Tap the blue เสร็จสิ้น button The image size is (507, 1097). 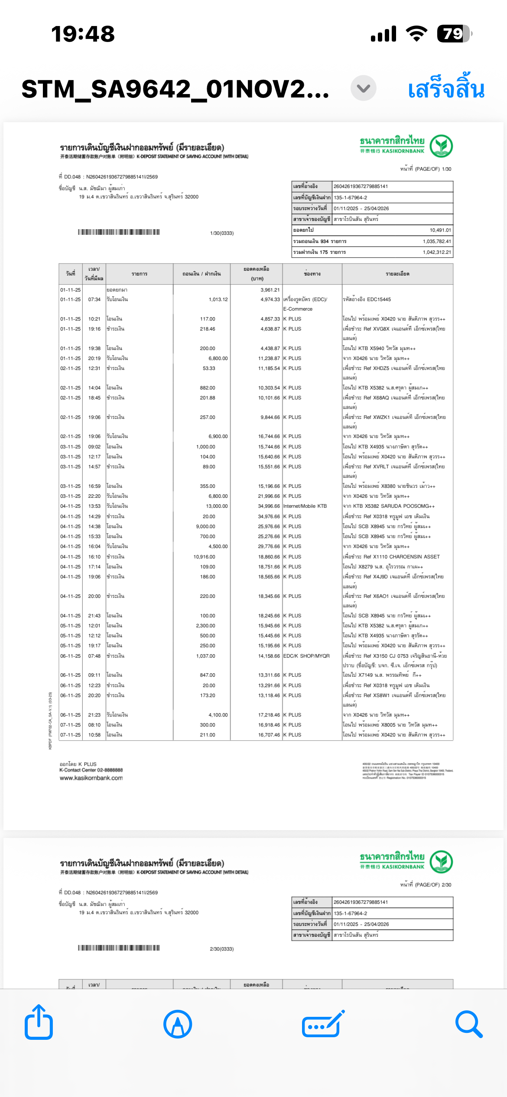click(446, 89)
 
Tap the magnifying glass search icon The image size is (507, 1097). click(469, 1024)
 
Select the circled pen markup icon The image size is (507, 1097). click(178, 1024)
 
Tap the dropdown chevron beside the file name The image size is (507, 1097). click(363, 88)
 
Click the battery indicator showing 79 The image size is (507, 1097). click(454, 33)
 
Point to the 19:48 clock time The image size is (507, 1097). click(83, 34)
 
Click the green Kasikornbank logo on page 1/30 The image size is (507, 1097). click(441, 146)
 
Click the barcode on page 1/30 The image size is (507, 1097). click(119, 232)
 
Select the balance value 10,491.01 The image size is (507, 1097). click(440, 230)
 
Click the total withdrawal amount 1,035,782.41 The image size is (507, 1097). click(437, 241)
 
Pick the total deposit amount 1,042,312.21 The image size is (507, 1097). click(437, 252)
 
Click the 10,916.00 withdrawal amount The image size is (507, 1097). click(204, 557)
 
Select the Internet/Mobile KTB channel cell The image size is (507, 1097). click(305, 506)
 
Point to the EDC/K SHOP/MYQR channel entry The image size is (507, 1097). click(306, 656)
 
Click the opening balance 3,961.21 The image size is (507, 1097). click(270, 290)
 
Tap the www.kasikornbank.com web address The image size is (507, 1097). click(91, 778)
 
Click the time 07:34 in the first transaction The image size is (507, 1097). click(94, 299)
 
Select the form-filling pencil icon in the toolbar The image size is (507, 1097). click(323, 1024)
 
